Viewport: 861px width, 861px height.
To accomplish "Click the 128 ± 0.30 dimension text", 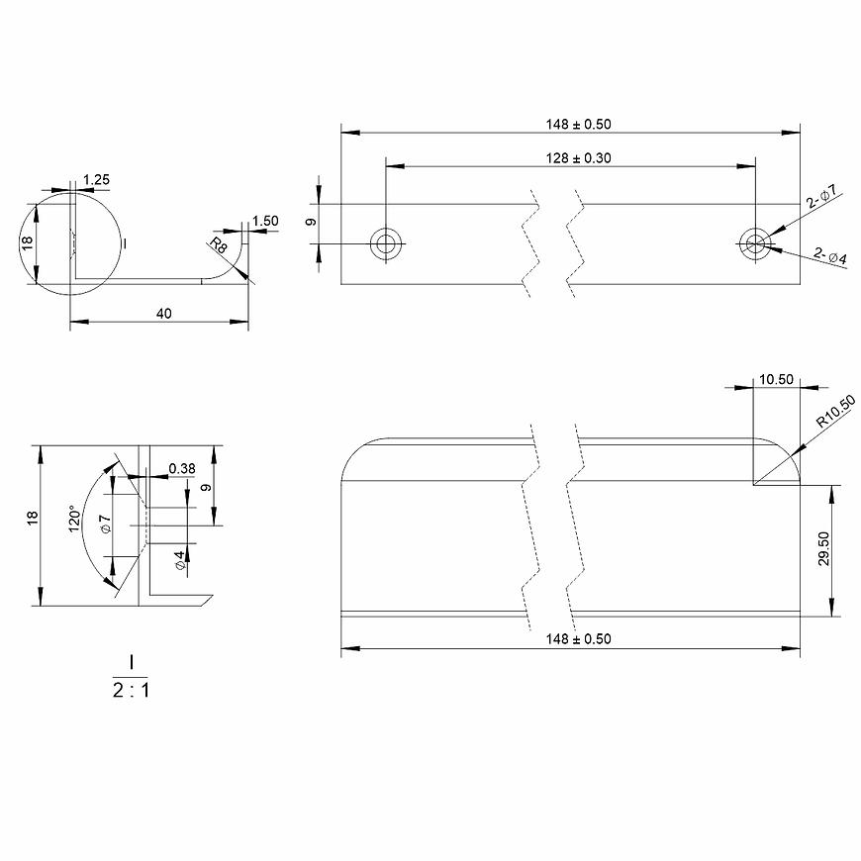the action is tap(578, 158).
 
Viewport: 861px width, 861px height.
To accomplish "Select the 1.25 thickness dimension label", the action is tap(96, 179).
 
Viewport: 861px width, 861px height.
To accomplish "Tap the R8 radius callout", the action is tap(219, 244).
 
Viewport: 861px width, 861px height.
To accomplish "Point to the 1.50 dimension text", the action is tap(265, 221).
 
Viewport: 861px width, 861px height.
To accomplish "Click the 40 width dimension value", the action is tap(163, 314).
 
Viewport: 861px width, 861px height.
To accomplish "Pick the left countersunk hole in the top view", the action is tap(386, 243).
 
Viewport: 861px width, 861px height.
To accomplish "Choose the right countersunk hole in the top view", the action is tap(755, 243).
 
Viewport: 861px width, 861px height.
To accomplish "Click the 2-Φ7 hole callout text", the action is tap(821, 196).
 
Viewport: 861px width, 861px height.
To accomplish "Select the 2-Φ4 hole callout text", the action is tap(829, 255).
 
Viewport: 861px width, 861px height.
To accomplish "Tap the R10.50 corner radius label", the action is tap(835, 412).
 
